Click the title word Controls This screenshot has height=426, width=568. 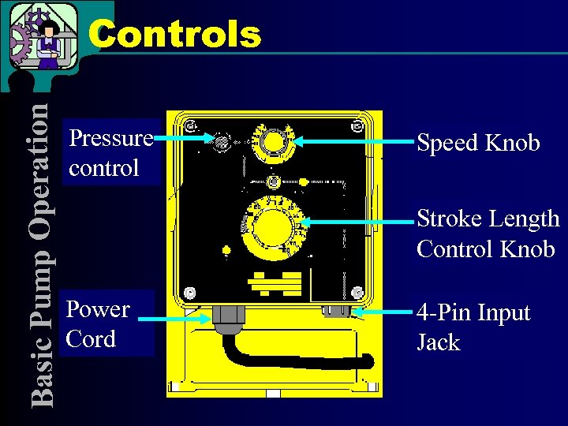(x=174, y=34)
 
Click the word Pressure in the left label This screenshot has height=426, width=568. (x=110, y=139)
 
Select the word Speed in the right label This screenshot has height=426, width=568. (x=447, y=143)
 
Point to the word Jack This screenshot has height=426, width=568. (x=438, y=343)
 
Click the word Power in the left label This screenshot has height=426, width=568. (x=98, y=308)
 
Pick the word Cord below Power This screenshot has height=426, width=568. (x=91, y=339)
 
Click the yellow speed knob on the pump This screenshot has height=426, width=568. (x=274, y=142)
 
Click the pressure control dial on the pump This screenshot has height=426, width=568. (x=222, y=142)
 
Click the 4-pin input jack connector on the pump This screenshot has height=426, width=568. (x=336, y=310)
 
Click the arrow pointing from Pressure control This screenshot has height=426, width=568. (x=184, y=140)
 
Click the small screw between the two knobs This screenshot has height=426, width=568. (x=274, y=181)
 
